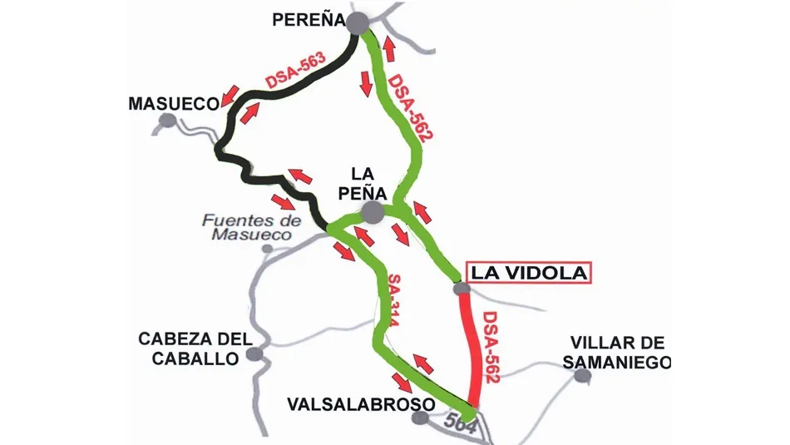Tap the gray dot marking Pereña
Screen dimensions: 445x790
point(358,23)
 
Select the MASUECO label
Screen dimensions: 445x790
point(174,103)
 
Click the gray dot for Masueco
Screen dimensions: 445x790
point(168,121)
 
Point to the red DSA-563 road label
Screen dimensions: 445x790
point(296,72)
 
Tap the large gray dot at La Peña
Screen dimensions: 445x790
point(372,213)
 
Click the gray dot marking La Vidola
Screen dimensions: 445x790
point(462,289)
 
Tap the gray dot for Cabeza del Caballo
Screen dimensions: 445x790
point(255,355)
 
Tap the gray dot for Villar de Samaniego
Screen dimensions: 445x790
point(583,376)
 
